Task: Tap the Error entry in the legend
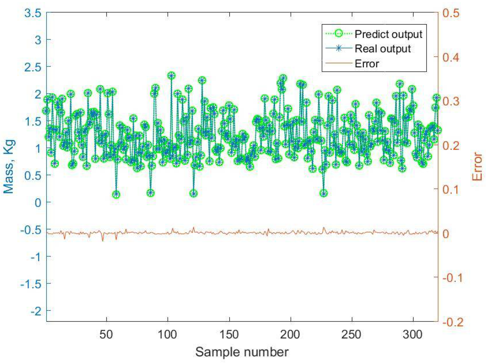[367, 63]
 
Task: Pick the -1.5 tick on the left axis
[31, 284]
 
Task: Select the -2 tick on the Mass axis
[36, 311]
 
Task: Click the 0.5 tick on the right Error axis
[451, 13]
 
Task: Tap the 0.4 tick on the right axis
[451, 57]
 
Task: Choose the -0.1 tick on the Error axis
[452, 277]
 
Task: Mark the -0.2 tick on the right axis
[452, 322]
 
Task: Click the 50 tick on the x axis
[106, 334]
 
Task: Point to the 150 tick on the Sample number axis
[229, 334]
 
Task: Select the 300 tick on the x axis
[413, 334]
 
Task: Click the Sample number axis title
[242, 352]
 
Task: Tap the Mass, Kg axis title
[9, 167]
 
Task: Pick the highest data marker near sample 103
[171, 76]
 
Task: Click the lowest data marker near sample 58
[116, 194]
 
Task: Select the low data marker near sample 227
[324, 194]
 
